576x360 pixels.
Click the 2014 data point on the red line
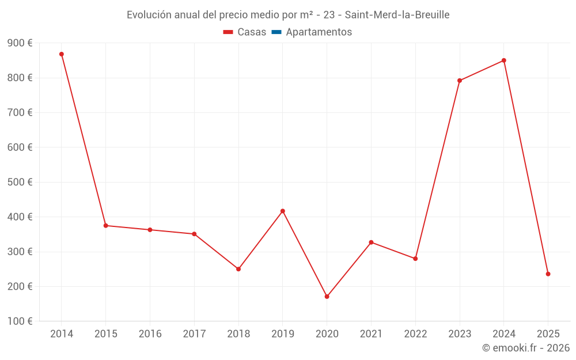click(x=62, y=54)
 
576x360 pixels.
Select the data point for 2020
click(x=327, y=297)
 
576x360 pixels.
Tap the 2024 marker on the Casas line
click(x=504, y=60)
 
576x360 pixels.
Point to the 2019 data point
click(x=283, y=211)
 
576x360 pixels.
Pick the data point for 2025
click(x=548, y=274)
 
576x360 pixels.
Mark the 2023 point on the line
click(x=460, y=81)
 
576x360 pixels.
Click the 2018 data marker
click(x=238, y=269)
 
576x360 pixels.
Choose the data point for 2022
click(x=415, y=259)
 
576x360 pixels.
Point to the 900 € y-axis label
click(x=20, y=43)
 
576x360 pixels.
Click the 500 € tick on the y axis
click(x=20, y=182)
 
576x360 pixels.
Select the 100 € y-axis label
click(x=20, y=321)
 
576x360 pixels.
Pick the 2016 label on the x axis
click(x=150, y=334)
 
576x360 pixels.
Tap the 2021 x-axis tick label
click(x=371, y=334)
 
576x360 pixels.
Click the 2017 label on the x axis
click(x=194, y=334)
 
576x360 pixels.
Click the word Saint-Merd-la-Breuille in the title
click(x=397, y=15)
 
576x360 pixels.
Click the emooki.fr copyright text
click(x=526, y=348)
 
